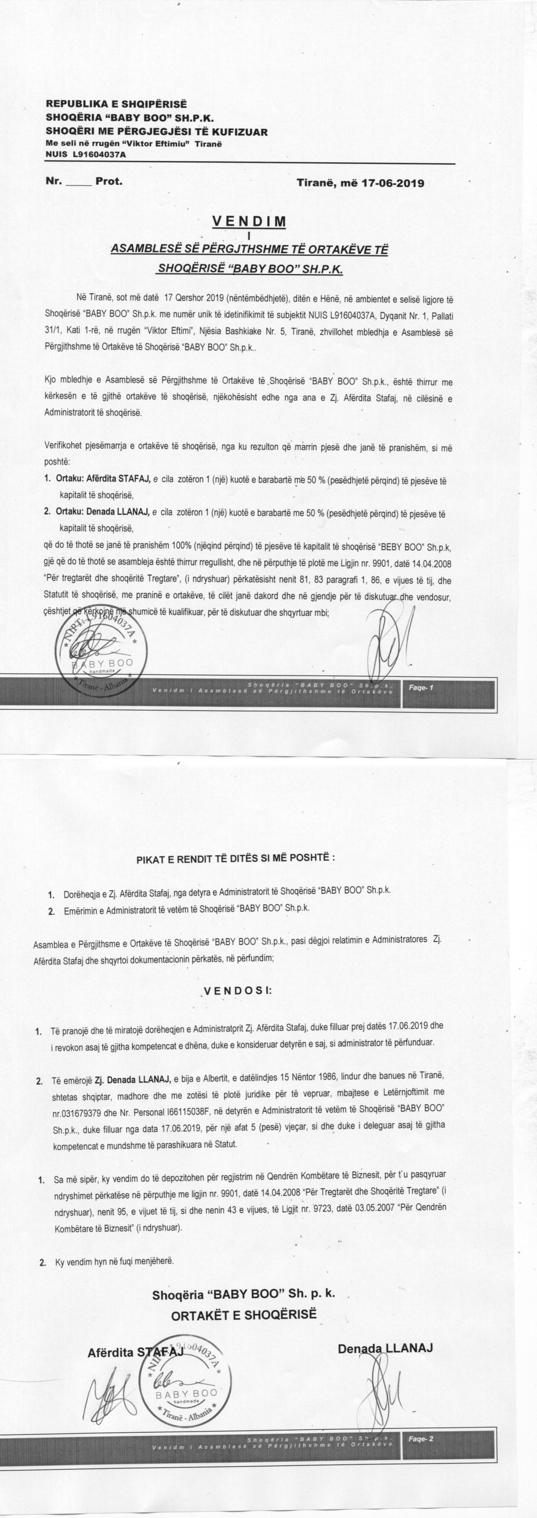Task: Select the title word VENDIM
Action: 249,222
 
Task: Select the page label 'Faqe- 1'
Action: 421,688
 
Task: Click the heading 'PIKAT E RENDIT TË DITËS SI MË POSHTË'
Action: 236,857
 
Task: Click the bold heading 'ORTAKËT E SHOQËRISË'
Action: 243,1315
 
